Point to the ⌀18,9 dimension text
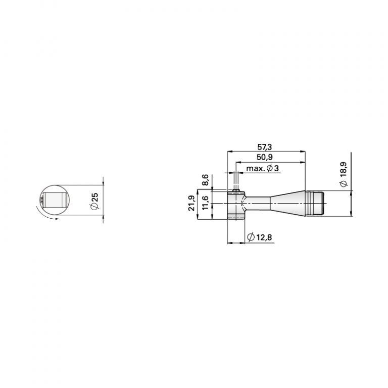[344, 175]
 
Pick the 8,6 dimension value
[205, 179]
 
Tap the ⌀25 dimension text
[94, 202]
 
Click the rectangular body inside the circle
[54, 201]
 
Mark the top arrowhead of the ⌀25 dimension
[103, 184]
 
